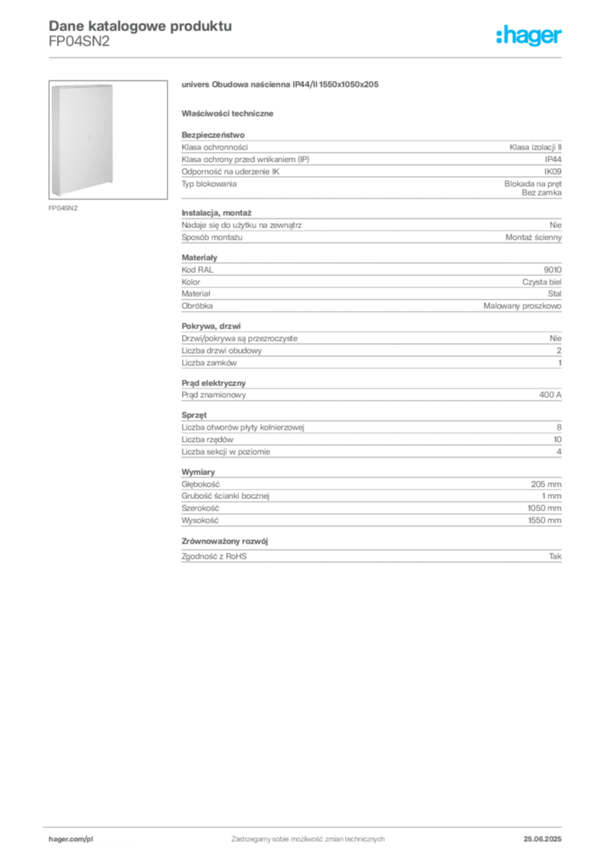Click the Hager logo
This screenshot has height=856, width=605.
[529, 36]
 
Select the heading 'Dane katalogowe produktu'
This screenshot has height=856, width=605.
[140, 26]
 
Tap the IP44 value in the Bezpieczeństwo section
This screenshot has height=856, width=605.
[553, 160]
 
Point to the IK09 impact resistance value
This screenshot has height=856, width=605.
[552, 171]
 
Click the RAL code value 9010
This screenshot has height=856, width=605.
[552, 270]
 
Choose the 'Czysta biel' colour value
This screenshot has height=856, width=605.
[541, 283]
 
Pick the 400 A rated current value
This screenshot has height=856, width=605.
[551, 395]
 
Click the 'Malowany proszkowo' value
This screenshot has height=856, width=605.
[522, 306]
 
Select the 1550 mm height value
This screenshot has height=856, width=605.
[545, 521]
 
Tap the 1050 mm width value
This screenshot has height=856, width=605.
[545, 508]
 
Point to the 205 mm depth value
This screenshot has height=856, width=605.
[546, 484]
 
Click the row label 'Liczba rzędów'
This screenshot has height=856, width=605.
[207, 440]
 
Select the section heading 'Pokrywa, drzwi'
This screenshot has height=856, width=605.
[211, 326]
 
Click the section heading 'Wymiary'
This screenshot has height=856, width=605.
[198, 471]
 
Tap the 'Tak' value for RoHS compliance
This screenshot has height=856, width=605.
[556, 556]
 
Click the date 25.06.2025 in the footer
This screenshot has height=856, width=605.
[542, 839]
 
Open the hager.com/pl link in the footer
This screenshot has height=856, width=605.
[71, 839]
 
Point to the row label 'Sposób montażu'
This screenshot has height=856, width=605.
[211, 237]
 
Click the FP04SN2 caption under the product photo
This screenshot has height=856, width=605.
[64, 208]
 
